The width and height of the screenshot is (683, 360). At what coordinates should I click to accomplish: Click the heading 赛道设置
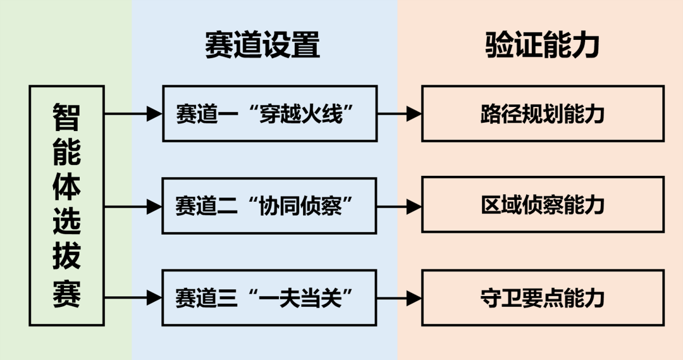click(x=262, y=46)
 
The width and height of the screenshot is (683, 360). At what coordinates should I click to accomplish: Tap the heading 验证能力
click(x=543, y=46)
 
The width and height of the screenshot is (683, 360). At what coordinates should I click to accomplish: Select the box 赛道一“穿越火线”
click(x=269, y=114)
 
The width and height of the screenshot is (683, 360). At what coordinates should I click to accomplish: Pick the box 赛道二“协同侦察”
click(x=269, y=206)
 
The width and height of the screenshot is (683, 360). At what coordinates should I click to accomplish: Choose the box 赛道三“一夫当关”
click(x=269, y=297)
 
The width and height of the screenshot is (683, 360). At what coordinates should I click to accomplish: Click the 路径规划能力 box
click(x=543, y=114)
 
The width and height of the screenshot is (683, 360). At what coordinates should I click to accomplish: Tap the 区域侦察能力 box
click(x=543, y=206)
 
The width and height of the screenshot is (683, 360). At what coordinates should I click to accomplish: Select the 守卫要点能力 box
click(x=543, y=297)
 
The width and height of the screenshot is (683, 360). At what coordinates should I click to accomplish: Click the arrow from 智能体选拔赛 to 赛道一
click(x=133, y=114)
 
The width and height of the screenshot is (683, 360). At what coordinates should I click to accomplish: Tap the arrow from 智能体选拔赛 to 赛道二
click(x=133, y=206)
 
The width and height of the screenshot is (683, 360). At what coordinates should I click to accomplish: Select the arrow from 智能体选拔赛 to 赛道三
click(x=133, y=297)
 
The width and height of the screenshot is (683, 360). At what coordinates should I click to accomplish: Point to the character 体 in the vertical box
click(x=66, y=187)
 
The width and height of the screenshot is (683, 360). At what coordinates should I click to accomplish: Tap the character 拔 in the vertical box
click(x=66, y=259)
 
